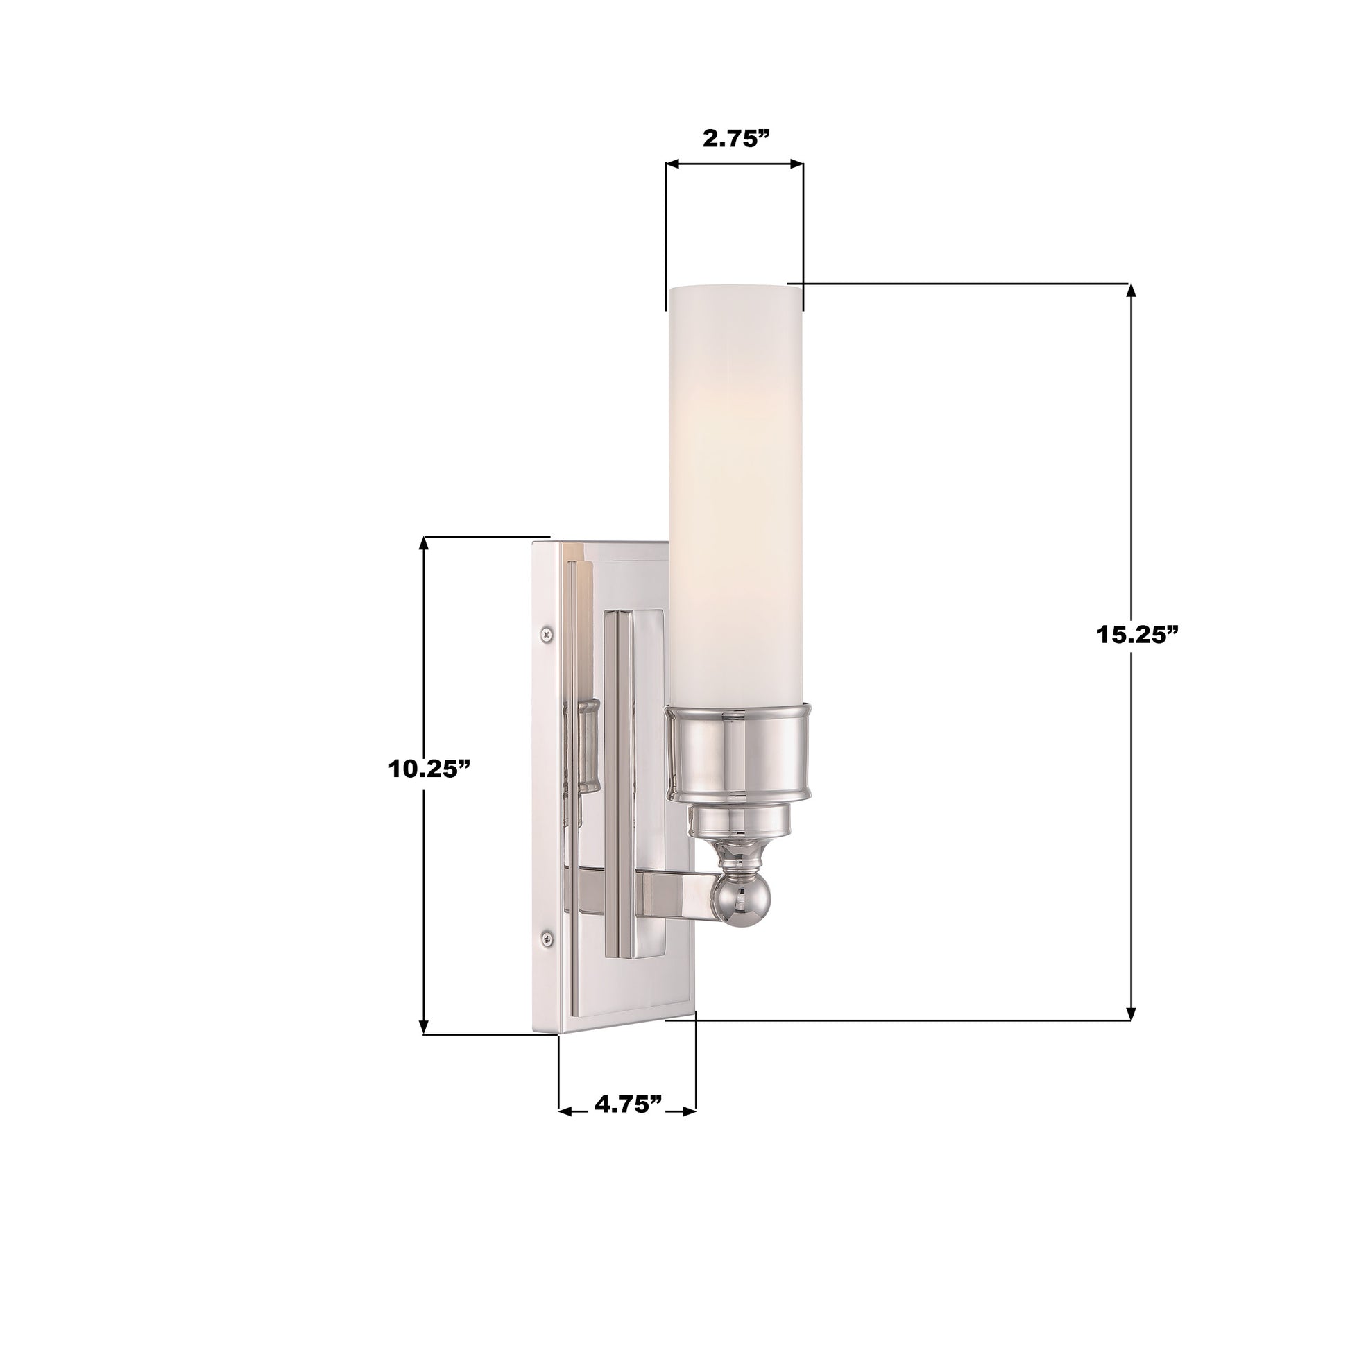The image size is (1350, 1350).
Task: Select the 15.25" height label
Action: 1136,635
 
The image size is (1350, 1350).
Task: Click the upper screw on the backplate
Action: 546,635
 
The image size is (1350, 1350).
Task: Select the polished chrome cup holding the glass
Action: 740,753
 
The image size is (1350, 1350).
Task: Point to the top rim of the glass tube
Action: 734,288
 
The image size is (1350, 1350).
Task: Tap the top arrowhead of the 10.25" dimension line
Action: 423,542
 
